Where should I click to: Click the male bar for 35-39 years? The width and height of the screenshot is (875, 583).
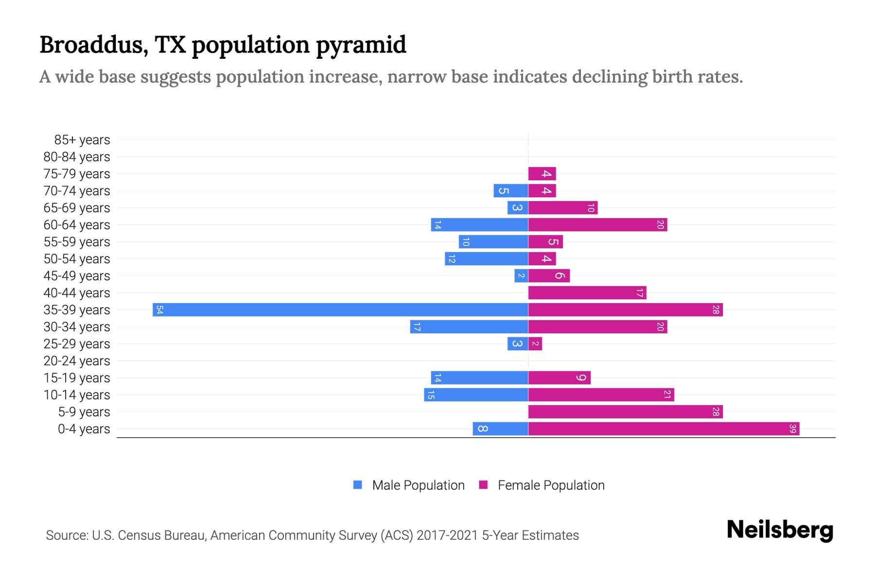point(340,309)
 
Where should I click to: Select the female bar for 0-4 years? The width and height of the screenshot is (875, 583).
point(664,429)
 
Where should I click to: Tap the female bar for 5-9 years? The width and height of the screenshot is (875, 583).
point(625,412)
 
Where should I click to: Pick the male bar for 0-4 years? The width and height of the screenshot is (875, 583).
point(500,429)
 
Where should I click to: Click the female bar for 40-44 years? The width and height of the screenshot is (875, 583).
point(587,292)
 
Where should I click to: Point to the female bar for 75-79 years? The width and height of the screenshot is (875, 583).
point(542,173)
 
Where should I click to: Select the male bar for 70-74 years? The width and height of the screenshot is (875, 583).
point(510,190)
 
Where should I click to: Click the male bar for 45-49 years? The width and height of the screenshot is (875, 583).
point(521,275)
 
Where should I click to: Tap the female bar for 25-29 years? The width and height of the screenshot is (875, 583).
point(535,343)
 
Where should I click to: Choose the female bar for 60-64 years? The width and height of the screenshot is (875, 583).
point(597,224)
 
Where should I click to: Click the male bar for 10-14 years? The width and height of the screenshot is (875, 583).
point(476,394)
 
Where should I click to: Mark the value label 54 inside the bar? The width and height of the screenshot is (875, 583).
point(159,309)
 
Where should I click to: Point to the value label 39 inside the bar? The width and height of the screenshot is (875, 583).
point(792,429)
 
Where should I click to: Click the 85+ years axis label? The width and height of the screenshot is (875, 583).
point(82,140)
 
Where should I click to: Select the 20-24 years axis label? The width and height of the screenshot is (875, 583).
point(76,361)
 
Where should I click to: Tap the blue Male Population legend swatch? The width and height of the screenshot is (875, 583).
point(358,485)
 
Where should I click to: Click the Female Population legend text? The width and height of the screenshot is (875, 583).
point(551,485)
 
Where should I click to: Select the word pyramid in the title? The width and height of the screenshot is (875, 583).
point(361,45)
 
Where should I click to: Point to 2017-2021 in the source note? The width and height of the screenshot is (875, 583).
point(447,535)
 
